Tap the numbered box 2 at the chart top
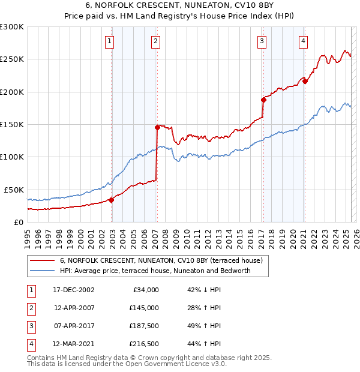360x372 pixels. click(x=155, y=41)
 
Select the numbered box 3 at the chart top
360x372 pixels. click(x=262, y=41)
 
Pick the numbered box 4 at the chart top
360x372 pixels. click(x=304, y=41)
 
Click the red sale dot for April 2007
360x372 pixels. click(x=157, y=127)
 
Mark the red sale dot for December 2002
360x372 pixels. click(x=112, y=200)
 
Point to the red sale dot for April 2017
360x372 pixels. click(x=263, y=100)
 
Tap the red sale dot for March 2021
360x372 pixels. click(x=305, y=81)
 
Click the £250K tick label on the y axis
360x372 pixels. click(x=12, y=59)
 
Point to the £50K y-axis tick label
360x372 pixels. click(x=14, y=190)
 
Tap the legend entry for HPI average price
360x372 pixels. click(x=155, y=271)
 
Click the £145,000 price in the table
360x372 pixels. click(x=144, y=308)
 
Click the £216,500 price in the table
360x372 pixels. click(x=144, y=344)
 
